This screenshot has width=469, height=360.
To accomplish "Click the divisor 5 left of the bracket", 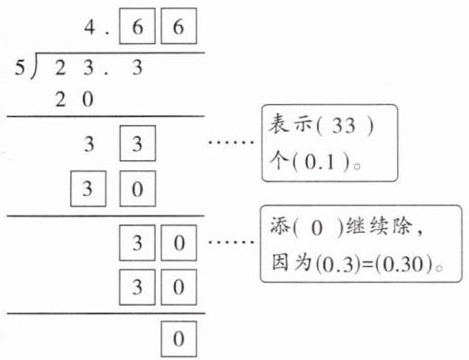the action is click(19, 67).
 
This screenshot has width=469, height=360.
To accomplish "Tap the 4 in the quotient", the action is click(89, 27).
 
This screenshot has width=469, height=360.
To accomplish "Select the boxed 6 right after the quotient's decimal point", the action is click(137, 27).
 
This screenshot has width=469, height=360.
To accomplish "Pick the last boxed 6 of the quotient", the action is click(179, 27).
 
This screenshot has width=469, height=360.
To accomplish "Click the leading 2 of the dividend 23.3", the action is click(61, 67).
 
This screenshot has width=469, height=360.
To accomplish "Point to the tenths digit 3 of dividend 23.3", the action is click(137, 67).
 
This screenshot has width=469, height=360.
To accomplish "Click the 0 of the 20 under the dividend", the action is click(88, 99).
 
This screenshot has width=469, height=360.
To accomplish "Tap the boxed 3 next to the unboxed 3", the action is click(137, 144).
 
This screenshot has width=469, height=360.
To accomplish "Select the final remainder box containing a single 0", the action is click(179, 339).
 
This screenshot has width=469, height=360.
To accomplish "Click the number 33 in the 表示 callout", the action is click(344, 125).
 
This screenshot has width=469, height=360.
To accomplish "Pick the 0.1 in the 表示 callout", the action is click(320, 161).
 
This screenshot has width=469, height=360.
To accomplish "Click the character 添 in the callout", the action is click(280, 226).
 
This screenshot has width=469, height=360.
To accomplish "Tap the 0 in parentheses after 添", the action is click(317, 228).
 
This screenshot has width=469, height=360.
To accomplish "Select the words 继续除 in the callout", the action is click(380, 226).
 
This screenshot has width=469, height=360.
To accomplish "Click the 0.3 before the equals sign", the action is click(337, 264).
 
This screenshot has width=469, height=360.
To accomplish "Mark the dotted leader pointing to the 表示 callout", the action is click(231, 142).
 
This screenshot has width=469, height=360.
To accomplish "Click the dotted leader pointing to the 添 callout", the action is click(231, 242).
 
